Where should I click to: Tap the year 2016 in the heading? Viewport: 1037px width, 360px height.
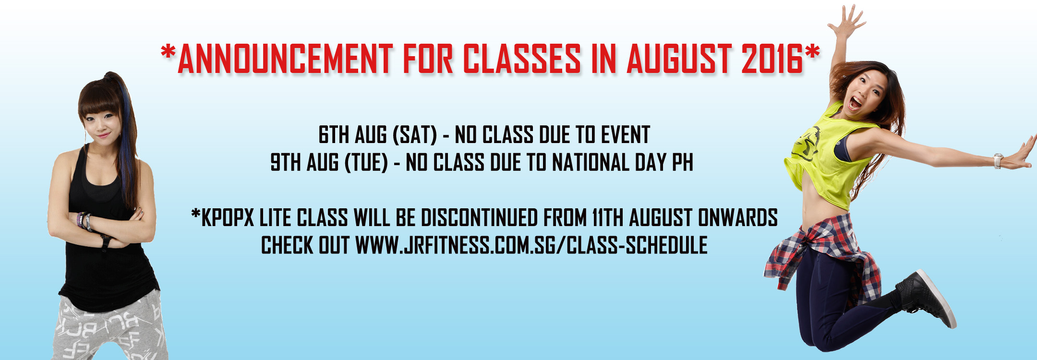point(772,59)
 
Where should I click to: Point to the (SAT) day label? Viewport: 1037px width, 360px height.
point(415,135)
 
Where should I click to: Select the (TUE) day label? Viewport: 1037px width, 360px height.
point(366,162)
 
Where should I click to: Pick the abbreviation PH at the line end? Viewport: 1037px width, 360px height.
point(682,162)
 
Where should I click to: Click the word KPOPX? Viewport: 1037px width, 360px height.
point(228,217)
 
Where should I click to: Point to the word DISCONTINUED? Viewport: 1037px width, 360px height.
point(479,217)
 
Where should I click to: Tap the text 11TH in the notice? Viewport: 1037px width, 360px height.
point(608,217)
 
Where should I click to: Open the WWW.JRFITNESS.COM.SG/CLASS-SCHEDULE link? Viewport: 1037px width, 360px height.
point(531,245)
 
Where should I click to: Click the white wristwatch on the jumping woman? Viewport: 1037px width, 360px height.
point(998,160)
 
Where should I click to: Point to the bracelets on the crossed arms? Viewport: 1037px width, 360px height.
point(84,220)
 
